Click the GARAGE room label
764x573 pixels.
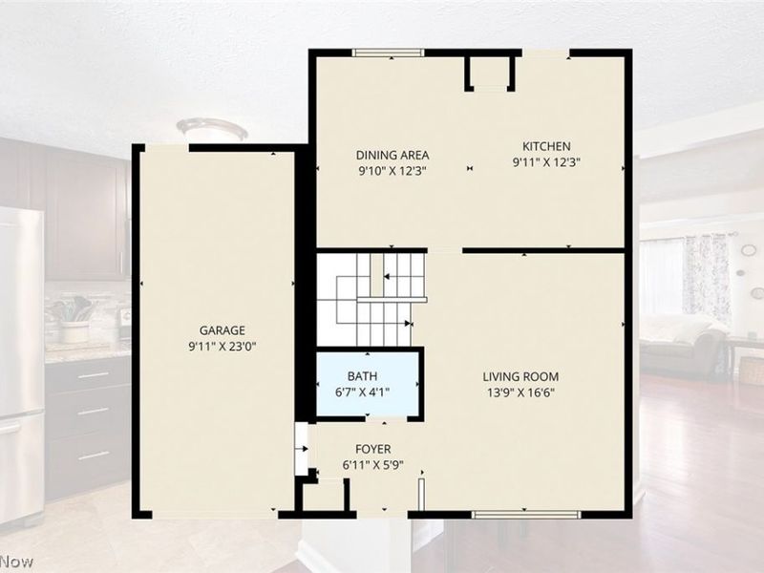[223, 330]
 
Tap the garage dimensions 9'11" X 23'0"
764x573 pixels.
[223, 347]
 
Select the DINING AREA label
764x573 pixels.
[393, 155]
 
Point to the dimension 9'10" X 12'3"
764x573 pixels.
[393, 171]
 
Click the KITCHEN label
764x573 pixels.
[546, 146]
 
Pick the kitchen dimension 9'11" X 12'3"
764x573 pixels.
[546, 161]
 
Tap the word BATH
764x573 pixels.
[362, 376]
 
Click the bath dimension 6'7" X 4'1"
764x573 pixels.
[362, 392]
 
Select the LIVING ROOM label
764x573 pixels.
[520, 376]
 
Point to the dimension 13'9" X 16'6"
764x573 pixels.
[520, 393]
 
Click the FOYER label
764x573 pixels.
[372, 449]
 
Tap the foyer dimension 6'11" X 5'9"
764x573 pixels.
[372, 465]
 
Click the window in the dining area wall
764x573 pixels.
[389, 53]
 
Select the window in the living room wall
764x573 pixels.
[526, 514]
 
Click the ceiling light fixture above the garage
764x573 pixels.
[212, 129]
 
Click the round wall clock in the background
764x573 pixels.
[749, 250]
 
